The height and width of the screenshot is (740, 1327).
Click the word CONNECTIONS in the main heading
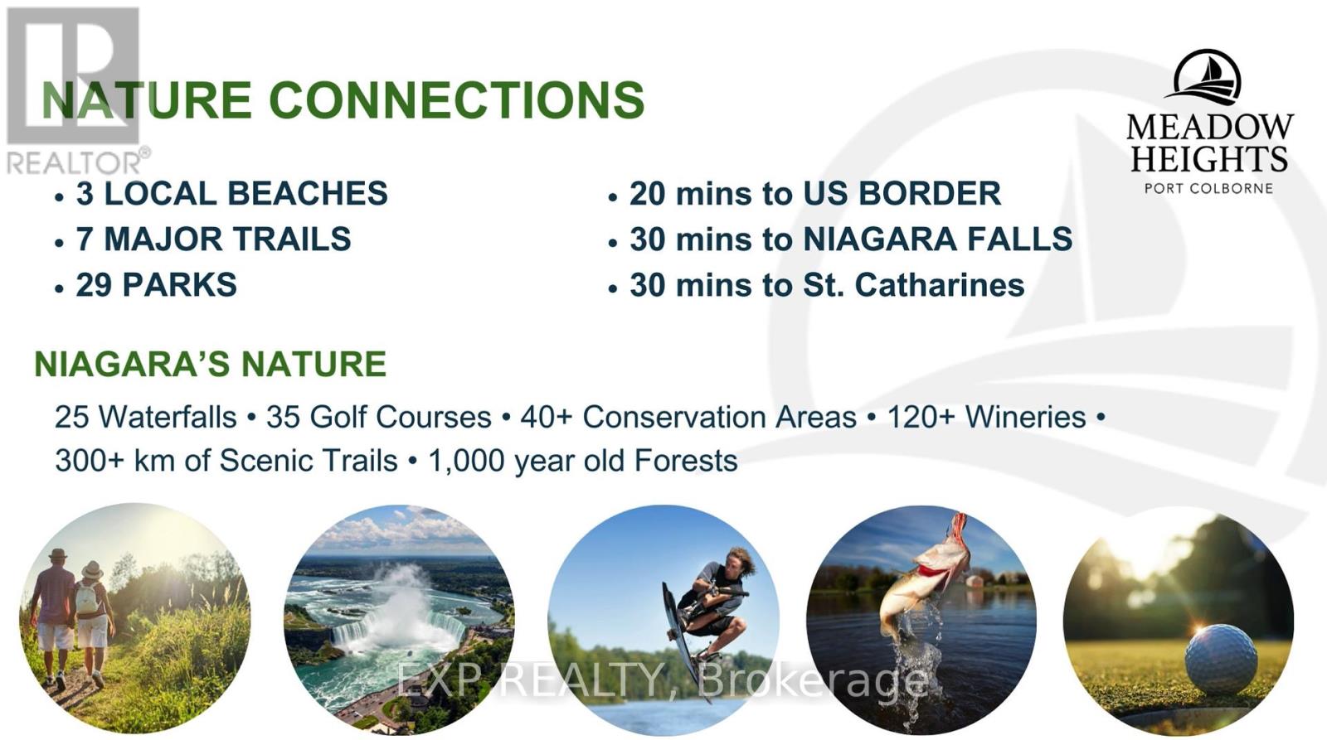tap(457, 100)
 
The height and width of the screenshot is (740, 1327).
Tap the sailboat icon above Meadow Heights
tap(1208, 80)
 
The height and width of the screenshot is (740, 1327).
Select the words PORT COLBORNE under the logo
tap(1209, 189)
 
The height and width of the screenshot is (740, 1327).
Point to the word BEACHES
tap(308, 194)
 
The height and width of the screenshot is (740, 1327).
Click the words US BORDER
tap(902, 194)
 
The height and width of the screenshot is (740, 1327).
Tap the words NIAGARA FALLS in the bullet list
tap(937, 239)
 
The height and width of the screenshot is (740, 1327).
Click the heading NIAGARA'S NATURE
tap(211, 364)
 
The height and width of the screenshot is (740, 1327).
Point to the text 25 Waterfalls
tap(146, 418)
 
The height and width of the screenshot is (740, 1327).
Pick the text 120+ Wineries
tap(986, 418)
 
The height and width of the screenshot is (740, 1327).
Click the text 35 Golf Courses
tap(378, 418)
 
